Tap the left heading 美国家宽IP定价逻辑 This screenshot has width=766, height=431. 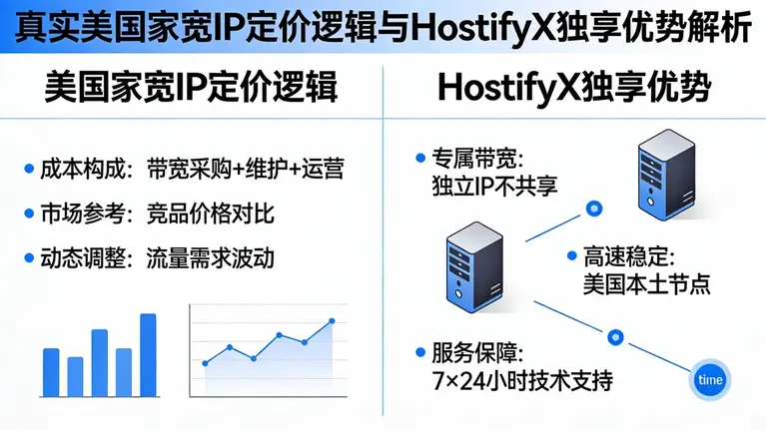pyautogui.click(x=191, y=88)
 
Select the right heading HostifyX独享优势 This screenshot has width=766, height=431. pyautogui.click(x=574, y=88)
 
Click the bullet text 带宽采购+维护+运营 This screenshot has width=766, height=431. pyautogui.click(x=245, y=169)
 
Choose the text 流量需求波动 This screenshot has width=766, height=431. pyautogui.click(x=210, y=257)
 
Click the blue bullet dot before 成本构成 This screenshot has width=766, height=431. pyautogui.click(x=28, y=169)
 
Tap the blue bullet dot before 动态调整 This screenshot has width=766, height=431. pyautogui.click(x=28, y=257)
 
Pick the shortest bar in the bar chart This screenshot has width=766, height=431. pyautogui.click(x=76, y=376)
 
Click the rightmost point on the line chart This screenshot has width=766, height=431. pyautogui.click(x=332, y=321)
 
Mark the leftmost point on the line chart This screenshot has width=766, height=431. pyautogui.click(x=205, y=362)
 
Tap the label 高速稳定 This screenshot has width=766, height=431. pyautogui.click(x=622, y=257)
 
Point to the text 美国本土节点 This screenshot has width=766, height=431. pyautogui.click(x=646, y=283)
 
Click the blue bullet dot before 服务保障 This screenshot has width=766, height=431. pyautogui.click(x=418, y=353)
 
